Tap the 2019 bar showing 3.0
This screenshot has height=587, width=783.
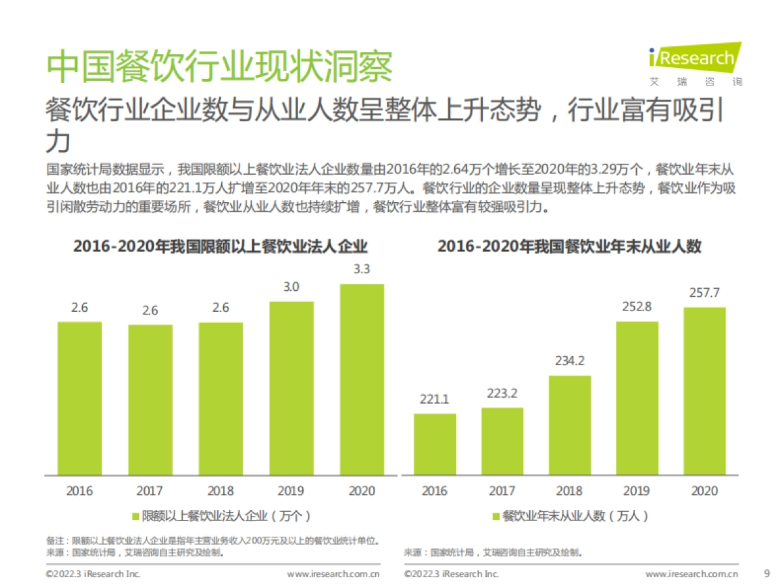(291, 388)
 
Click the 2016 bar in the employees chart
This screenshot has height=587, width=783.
(435, 444)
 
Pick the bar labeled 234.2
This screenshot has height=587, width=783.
(570, 425)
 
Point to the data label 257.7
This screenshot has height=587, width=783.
(705, 293)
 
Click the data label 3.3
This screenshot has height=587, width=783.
(361, 269)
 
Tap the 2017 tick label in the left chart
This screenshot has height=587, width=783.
(150, 491)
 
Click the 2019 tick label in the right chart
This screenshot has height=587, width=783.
(637, 491)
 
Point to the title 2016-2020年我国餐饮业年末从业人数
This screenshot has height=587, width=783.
(569, 247)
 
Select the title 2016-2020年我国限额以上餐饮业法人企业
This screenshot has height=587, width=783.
(221, 247)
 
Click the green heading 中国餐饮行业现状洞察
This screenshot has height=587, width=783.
(219, 67)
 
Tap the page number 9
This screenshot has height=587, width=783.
(766, 574)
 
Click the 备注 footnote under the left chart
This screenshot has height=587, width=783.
(213, 541)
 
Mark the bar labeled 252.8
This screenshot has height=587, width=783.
(637, 398)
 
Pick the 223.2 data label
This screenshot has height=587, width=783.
(502, 393)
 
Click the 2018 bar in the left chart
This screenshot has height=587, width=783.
(221, 399)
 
